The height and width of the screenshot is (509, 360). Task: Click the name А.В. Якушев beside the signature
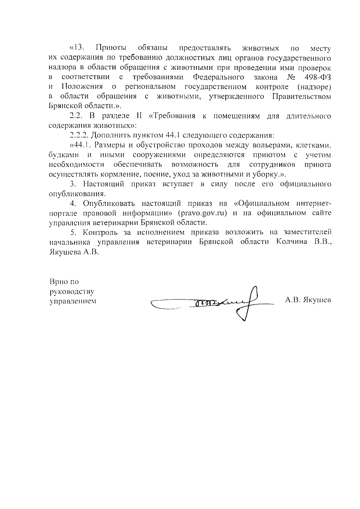pos(308,300)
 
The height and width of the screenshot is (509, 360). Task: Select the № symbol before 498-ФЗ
pos(291,77)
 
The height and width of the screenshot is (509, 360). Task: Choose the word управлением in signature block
pos(73,301)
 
